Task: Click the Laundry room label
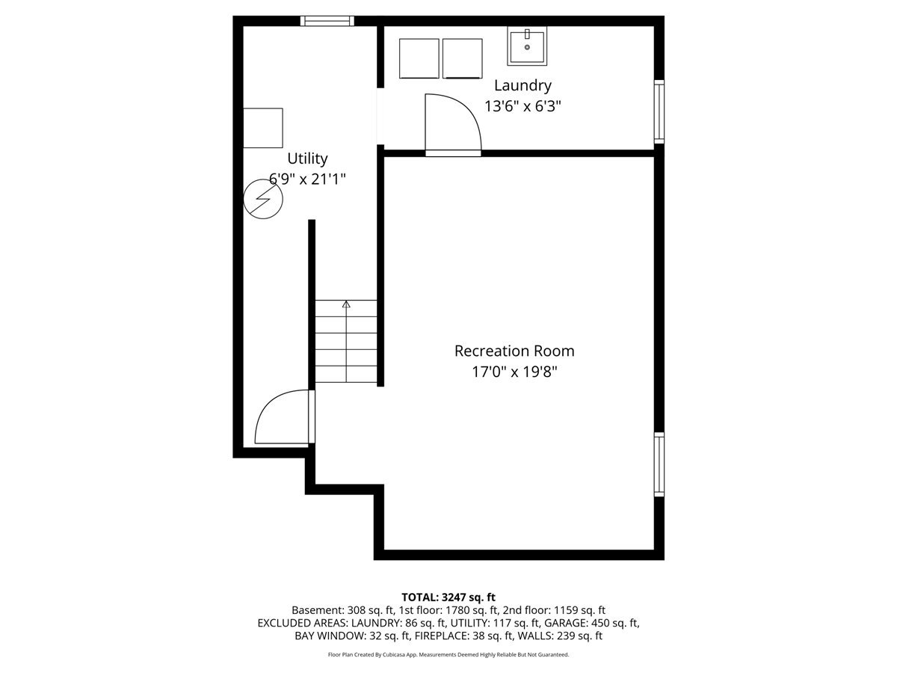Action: click(523, 86)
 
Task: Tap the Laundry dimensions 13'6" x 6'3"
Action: click(523, 107)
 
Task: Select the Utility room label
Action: click(307, 159)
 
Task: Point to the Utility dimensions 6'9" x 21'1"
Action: click(307, 179)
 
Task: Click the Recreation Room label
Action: click(514, 351)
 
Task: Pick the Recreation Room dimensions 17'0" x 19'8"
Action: click(514, 372)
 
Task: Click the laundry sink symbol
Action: click(527, 46)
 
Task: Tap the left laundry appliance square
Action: click(419, 58)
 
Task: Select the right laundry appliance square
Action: click(463, 58)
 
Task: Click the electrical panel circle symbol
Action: click(263, 199)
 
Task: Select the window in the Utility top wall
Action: click(327, 21)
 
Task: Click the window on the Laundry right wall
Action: click(659, 112)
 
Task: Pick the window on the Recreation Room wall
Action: click(659, 464)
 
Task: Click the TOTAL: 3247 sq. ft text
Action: click(449, 597)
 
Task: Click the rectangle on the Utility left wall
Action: click(263, 128)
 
